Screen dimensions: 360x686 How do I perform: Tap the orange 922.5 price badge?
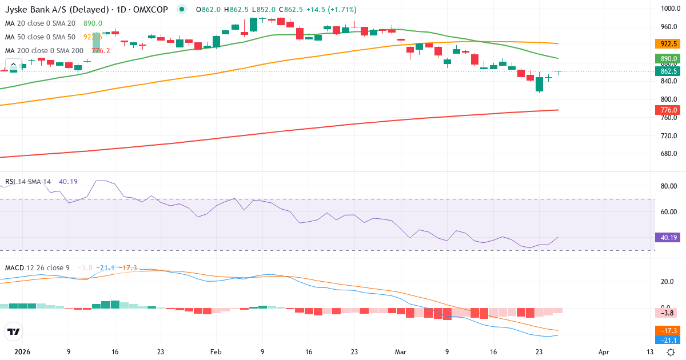coord(669,43)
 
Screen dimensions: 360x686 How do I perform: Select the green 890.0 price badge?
coord(669,58)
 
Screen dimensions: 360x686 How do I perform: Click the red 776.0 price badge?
coord(669,110)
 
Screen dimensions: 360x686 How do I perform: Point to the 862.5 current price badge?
coord(669,71)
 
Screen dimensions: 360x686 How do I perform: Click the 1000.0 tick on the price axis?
coord(669,9)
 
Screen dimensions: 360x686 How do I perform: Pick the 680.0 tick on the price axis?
coord(669,154)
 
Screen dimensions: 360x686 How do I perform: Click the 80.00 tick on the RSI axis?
coord(669,186)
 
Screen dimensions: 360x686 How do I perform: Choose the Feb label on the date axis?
coord(216,352)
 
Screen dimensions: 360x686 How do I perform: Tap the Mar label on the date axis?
coord(400,352)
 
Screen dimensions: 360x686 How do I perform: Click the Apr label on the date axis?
coord(603,352)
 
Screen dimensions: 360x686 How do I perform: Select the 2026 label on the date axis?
coord(22,352)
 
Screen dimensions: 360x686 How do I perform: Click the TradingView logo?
coord(13,331)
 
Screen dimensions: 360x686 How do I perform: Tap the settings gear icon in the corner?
coord(672,352)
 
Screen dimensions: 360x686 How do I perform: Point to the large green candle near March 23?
coord(539,85)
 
